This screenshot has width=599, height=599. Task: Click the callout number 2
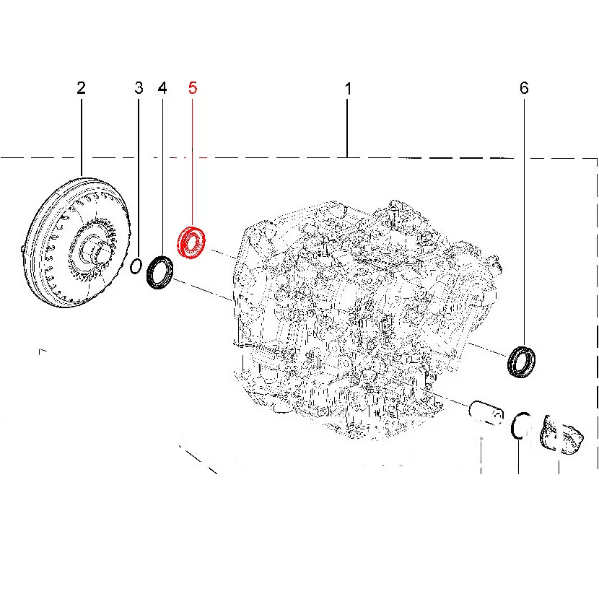click(81, 88)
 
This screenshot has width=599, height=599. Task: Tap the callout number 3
click(139, 88)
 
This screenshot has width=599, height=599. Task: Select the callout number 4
click(162, 88)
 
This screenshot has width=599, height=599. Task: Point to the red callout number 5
click(193, 88)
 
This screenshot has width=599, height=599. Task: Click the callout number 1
click(348, 89)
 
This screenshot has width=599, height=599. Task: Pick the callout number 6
click(524, 88)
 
